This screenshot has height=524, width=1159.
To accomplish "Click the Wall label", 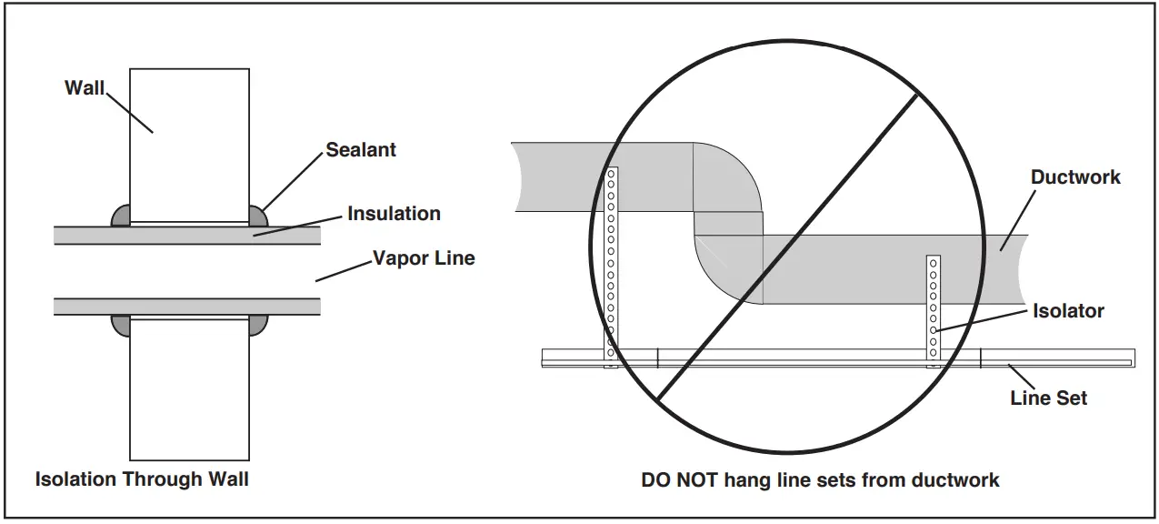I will pyautogui.click(x=84, y=88).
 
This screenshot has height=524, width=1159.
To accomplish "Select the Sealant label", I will pyautogui.click(x=361, y=150).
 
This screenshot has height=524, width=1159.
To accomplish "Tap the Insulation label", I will pyautogui.click(x=394, y=214).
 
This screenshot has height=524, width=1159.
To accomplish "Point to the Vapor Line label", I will pyautogui.click(x=424, y=258).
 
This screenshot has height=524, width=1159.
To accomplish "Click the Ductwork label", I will pyautogui.click(x=1075, y=176).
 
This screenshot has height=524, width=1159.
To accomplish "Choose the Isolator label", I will pyautogui.click(x=1068, y=310).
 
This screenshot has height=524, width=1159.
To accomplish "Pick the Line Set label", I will pyautogui.click(x=1048, y=398).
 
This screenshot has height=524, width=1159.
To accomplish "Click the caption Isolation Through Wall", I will pyautogui.click(x=142, y=479).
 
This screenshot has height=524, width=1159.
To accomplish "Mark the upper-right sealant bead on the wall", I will pyautogui.click(x=258, y=217).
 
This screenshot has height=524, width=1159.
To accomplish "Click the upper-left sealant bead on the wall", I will pyautogui.click(x=120, y=217).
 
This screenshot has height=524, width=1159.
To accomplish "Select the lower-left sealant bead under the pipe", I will pyautogui.click(x=120, y=322).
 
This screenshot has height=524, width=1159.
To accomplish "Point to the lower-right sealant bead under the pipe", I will pyautogui.click(x=258, y=322).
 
